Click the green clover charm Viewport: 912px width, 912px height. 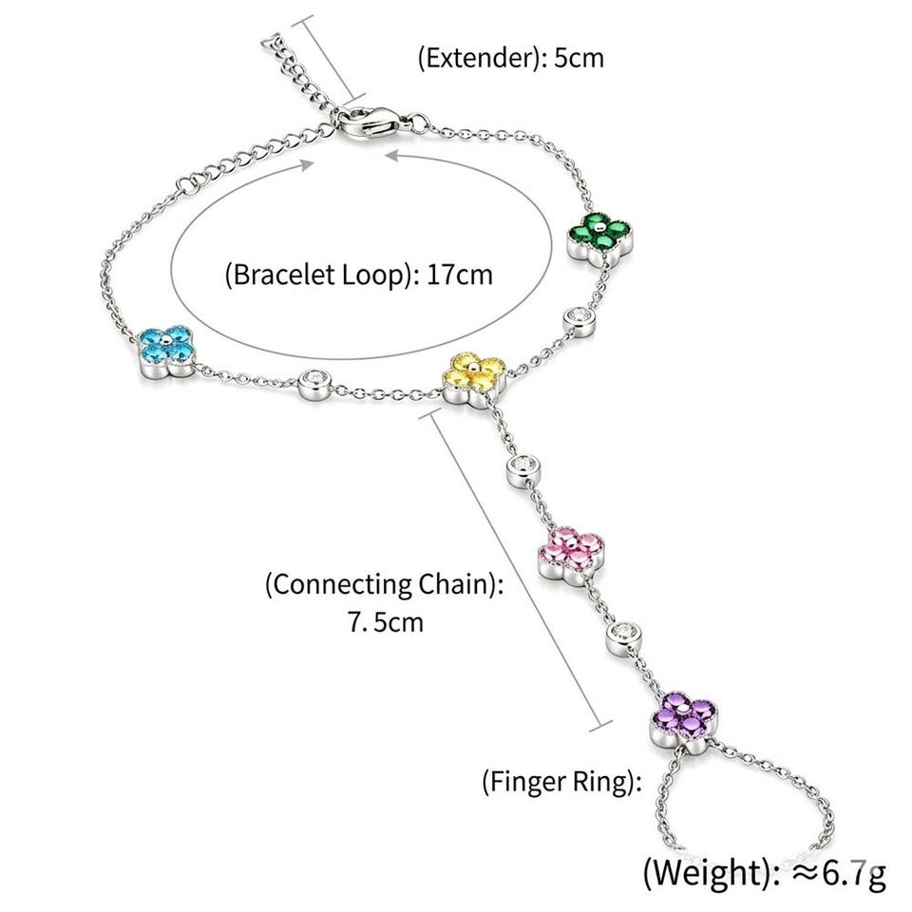601,237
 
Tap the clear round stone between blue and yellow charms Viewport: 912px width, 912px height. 314,385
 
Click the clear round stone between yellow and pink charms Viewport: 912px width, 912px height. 524,470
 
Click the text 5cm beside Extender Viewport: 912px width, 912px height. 579,58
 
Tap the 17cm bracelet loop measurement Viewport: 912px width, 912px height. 460,275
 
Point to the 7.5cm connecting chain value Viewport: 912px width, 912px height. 386,621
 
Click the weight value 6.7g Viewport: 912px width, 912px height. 855,872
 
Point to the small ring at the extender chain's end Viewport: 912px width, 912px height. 271,43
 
